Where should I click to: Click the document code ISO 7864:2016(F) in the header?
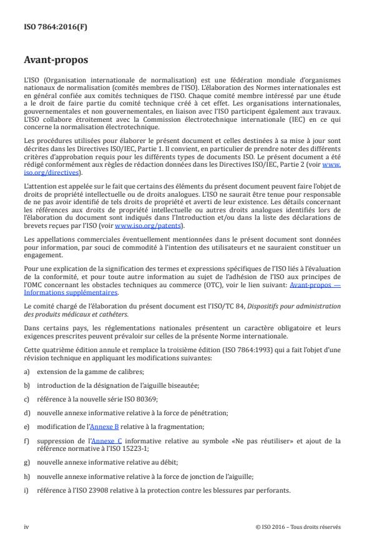point(46,26)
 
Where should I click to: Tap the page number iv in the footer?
point(26,526)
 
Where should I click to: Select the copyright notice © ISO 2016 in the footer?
point(298,526)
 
